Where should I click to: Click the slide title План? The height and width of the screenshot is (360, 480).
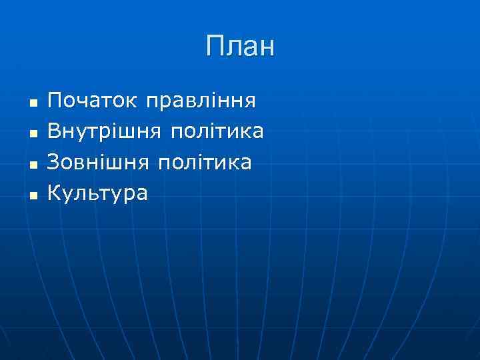(240, 47)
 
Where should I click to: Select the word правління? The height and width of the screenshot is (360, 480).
(201, 103)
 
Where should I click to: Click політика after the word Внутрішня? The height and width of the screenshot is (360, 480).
(217, 132)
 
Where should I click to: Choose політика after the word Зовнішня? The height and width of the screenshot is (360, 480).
(205, 163)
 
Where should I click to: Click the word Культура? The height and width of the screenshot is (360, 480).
(98, 193)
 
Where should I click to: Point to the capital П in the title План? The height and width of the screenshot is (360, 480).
(215, 47)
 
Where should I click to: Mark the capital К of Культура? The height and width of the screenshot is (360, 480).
(55, 193)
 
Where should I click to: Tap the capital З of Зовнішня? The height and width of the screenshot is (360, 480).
(54, 162)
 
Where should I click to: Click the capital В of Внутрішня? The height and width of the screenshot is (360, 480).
(55, 131)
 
